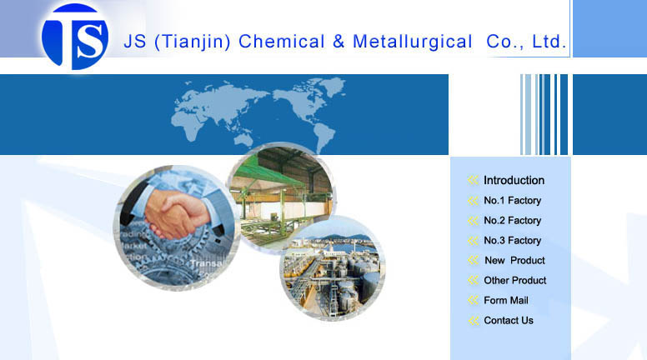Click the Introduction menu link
[x=514, y=180]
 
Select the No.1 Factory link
[x=512, y=200]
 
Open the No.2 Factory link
[x=512, y=221]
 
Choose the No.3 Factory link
[x=512, y=240]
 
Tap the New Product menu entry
[x=514, y=261]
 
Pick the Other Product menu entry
[x=515, y=280]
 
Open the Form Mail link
[x=506, y=300]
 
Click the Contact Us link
[x=509, y=320]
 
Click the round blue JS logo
[x=75, y=37]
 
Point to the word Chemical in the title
[x=282, y=42]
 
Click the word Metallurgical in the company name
[x=412, y=42]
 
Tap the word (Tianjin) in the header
[x=193, y=42]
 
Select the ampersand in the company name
[x=339, y=42]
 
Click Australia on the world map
[x=244, y=140]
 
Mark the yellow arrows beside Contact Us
[x=474, y=320]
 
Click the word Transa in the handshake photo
[x=206, y=263]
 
